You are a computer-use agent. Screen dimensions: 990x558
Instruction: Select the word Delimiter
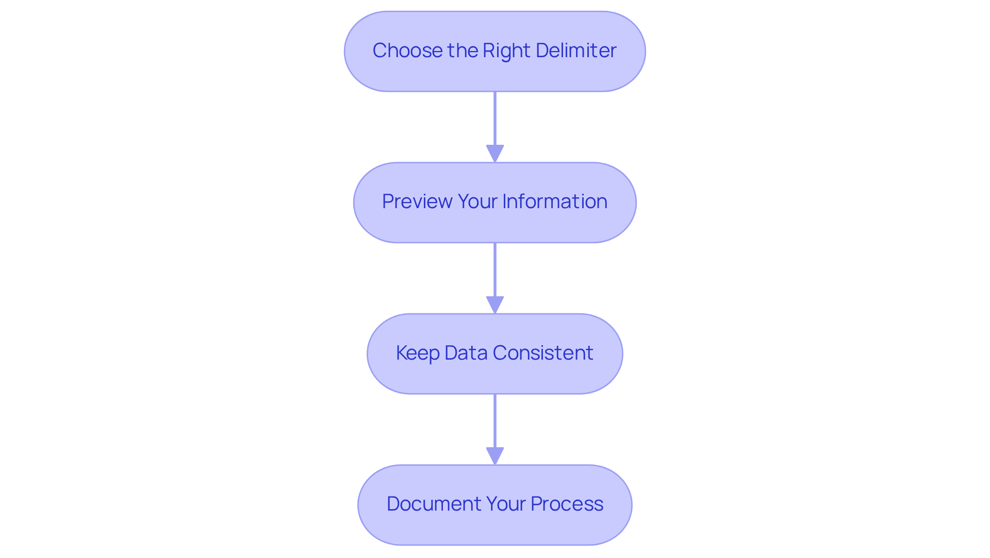(x=576, y=50)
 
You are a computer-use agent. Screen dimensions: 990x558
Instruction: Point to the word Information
(x=555, y=201)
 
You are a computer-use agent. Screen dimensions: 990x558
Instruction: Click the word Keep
(x=418, y=353)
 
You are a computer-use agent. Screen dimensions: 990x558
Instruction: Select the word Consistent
(x=543, y=353)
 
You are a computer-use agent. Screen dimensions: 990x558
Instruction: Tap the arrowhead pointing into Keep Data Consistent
(x=495, y=305)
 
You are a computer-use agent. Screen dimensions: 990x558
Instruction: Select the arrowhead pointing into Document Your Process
(x=495, y=456)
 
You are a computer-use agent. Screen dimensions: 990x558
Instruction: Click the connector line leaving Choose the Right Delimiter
(x=495, y=119)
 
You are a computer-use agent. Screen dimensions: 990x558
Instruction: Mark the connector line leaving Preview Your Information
(x=495, y=269)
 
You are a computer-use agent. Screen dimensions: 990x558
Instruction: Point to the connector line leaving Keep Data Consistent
(x=495, y=420)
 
